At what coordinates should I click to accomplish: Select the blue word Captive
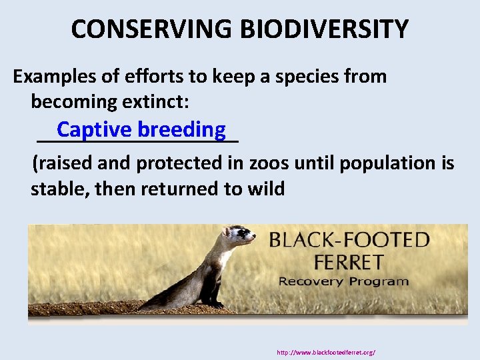[95, 129]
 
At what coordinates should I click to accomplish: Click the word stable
[59, 189]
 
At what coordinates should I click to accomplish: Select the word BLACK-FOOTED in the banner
[349, 239]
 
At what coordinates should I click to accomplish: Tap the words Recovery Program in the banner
[343, 281]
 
